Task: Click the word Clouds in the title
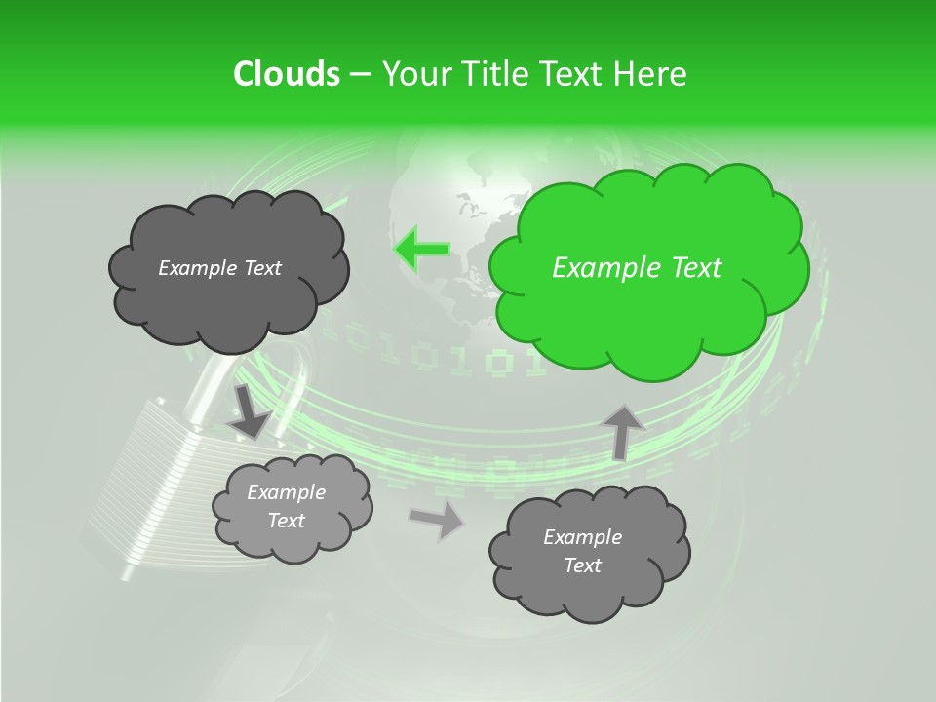[286, 74]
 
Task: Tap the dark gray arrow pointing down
[250, 412]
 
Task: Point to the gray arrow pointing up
[623, 430]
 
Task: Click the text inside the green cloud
[637, 268]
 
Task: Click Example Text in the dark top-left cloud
[219, 268]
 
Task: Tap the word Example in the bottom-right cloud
[582, 537]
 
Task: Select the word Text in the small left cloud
[286, 521]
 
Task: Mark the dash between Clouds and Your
[359, 74]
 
